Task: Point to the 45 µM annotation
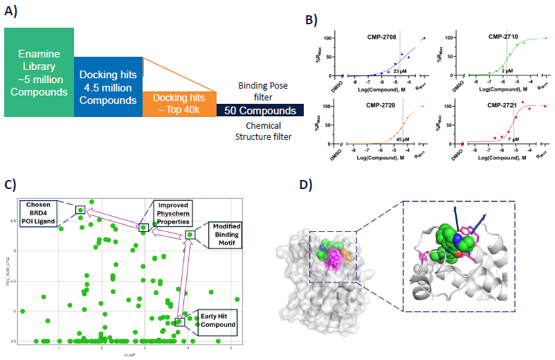(x=401, y=138)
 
